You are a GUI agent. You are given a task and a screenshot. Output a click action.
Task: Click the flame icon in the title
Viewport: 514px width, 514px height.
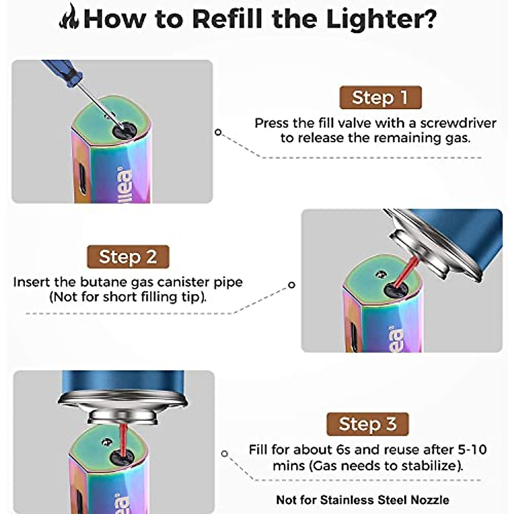69,18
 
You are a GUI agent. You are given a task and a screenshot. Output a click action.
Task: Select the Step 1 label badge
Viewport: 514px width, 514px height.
380,98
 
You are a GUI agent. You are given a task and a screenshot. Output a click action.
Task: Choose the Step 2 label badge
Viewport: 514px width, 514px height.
128,257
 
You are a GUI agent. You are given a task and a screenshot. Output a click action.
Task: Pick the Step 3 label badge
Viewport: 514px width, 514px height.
367,424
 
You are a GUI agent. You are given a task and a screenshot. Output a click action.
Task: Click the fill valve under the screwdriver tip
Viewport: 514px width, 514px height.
125,130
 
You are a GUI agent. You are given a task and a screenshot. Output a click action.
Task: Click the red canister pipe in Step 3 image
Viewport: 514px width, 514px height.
123,439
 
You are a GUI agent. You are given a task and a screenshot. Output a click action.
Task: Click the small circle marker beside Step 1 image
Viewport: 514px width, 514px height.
218,132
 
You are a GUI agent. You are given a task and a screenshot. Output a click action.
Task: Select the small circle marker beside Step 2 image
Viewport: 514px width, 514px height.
292,285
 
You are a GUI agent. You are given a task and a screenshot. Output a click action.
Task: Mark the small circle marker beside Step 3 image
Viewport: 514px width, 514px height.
224,454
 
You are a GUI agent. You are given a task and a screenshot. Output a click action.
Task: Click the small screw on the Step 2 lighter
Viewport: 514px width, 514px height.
378,273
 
